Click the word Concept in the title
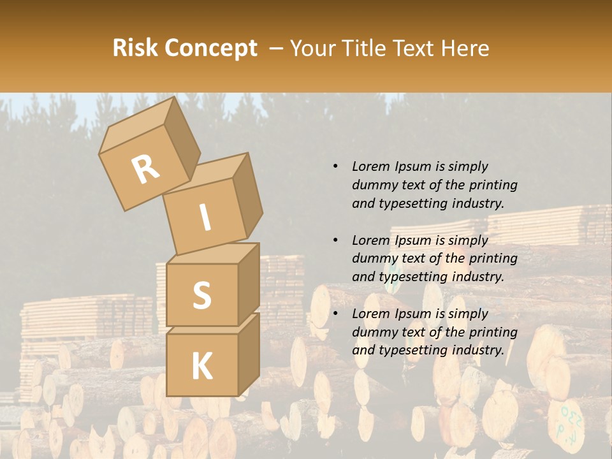tap(210, 48)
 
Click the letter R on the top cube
tap(145, 170)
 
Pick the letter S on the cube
tap(201, 295)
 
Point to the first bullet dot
tap(335, 167)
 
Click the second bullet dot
tap(335, 240)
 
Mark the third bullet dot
tap(335, 314)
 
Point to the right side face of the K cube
tap(249, 354)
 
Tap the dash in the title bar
tap(277, 48)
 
